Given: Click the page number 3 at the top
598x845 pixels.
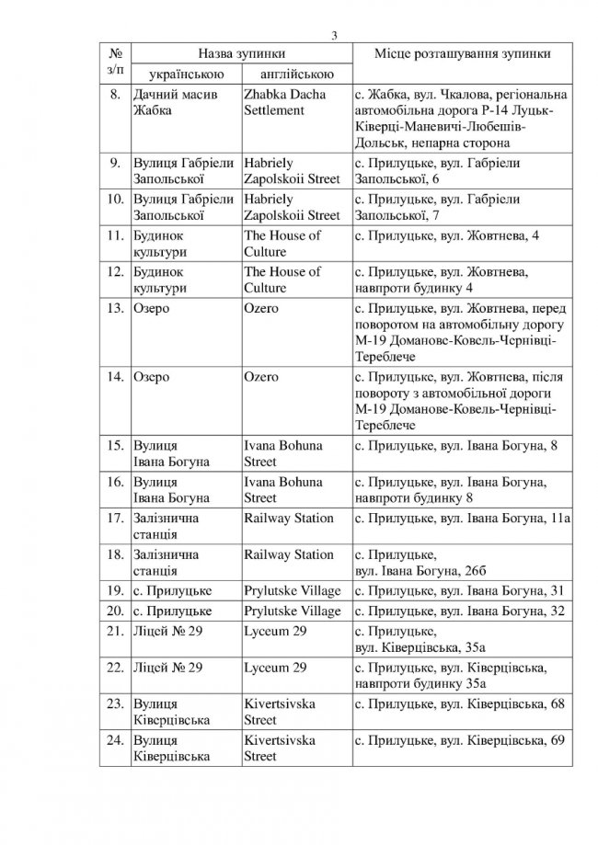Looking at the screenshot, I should [335, 36].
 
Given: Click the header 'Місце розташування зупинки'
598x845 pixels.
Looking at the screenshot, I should [463, 54].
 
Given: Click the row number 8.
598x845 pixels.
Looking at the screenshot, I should [116, 94].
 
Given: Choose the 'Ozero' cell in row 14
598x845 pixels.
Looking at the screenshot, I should [261, 378].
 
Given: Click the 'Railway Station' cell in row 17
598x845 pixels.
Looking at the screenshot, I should [288, 519].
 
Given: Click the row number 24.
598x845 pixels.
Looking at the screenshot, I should [115, 740].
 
